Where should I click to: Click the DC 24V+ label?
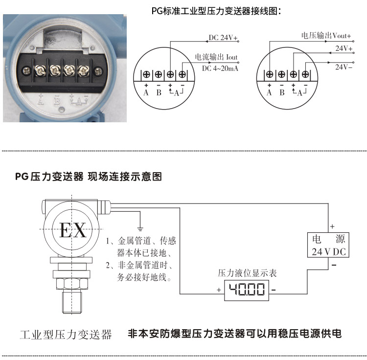click(x=223, y=38)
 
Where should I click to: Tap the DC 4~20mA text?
click(x=220, y=68)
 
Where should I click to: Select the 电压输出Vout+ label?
click(x=326, y=36)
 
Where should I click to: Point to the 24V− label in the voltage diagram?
click(x=344, y=67)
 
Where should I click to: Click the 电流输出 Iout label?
click(x=216, y=57)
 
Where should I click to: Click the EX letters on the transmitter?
click(x=72, y=230)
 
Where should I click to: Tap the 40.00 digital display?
click(x=247, y=290)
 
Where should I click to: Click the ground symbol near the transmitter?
click(x=140, y=227)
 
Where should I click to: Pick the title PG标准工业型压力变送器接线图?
click(x=216, y=11)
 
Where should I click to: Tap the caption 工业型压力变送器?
click(x=66, y=335)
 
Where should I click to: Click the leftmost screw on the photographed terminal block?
click(x=39, y=70)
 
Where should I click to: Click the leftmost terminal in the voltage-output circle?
click(x=270, y=74)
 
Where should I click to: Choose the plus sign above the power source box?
click(x=332, y=226)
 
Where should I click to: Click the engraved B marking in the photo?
click(x=57, y=100)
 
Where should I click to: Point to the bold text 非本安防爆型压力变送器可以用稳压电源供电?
click(x=234, y=334)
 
